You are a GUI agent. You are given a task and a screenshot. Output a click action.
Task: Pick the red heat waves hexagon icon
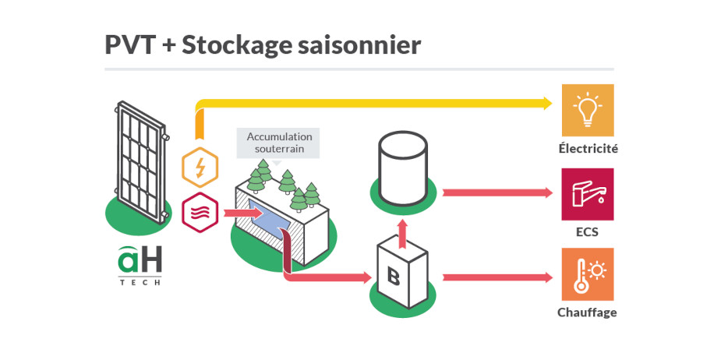tap(200, 211)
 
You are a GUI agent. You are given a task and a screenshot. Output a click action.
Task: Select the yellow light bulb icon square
tap(587, 111)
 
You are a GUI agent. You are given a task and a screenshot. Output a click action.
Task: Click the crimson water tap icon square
tap(587, 194)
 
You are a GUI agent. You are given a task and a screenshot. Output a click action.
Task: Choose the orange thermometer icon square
tap(587, 274)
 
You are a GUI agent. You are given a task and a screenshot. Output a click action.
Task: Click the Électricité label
tap(588, 148)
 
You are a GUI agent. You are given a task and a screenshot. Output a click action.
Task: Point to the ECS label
tap(587, 231)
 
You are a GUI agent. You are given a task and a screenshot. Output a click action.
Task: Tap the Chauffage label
tap(587, 312)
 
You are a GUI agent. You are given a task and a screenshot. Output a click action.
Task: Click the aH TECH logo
tap(140, 265)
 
